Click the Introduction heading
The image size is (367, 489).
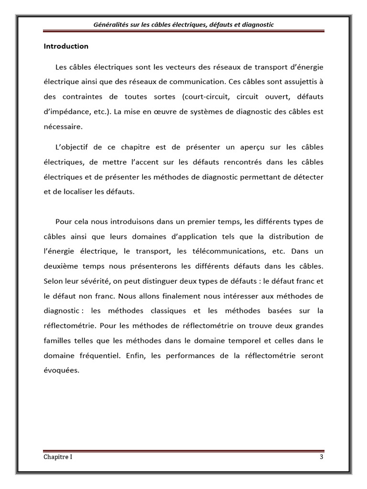(x=66, y=46)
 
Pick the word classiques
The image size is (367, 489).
(x=155, y=311)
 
